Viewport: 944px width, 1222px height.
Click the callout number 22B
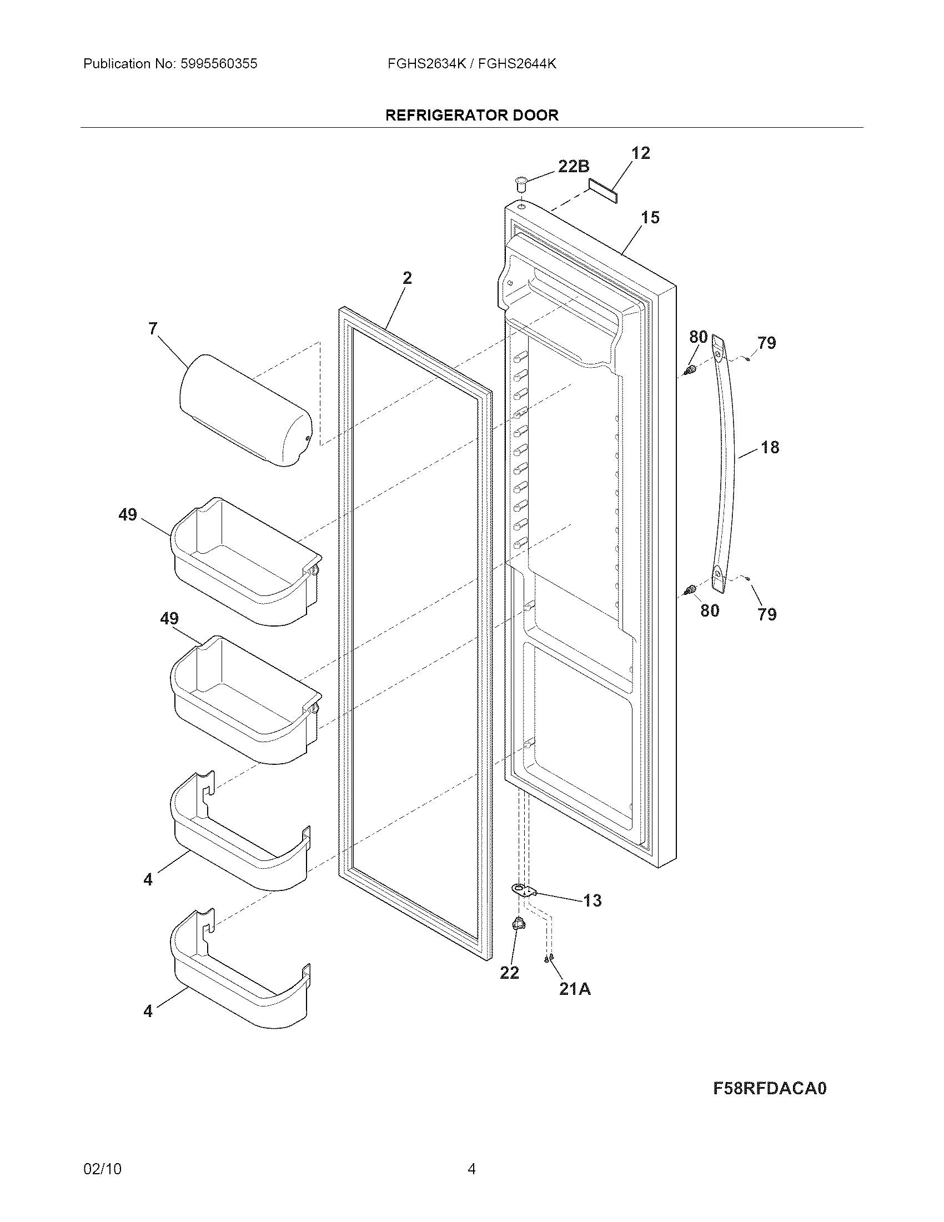coord(574,166)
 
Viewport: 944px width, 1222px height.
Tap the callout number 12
coord(641,153)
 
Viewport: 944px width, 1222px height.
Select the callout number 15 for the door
coord(650,217)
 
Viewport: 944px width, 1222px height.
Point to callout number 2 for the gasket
coord(407,278)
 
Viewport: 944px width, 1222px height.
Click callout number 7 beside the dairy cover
coord(153,328)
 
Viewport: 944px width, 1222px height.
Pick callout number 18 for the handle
coord(770,447)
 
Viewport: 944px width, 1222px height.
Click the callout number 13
coord(592,900)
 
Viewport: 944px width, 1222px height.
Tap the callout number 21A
coord(575,989)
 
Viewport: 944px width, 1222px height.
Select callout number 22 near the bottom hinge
coord(509,973)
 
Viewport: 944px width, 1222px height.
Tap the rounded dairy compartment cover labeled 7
coord(246,409)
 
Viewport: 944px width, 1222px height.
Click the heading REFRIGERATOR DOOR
coord(472,116)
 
